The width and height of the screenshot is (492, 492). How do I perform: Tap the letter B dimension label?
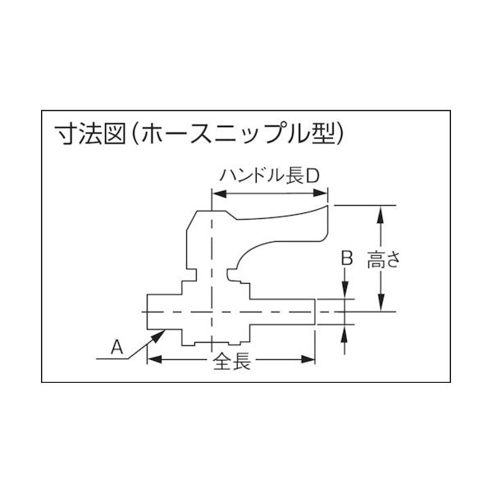tap(346, 258)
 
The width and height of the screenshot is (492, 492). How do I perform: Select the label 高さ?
tap(383, 262)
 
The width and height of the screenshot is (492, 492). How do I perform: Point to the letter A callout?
tap(116, 347)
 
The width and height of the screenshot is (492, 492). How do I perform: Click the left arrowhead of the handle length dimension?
tap(217, 194)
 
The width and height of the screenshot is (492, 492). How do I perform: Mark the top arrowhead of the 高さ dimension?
tap(380, 212)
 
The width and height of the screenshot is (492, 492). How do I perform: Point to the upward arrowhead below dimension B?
tap(347, 331)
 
